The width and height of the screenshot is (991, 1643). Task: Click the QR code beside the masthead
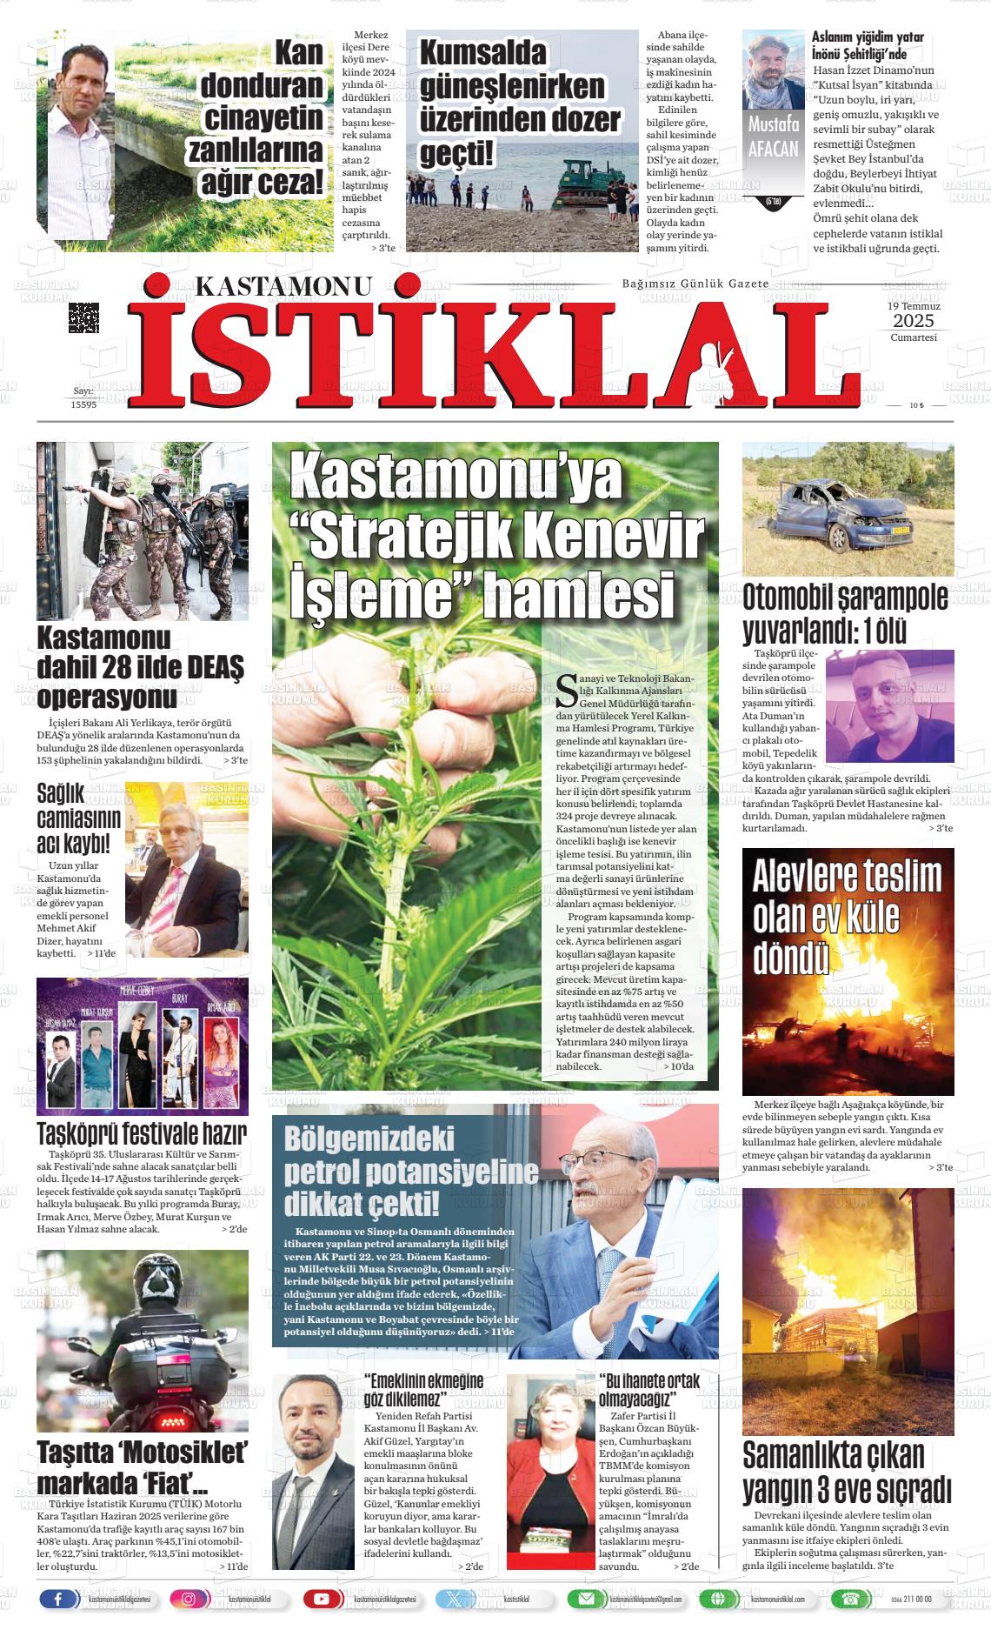(x=83, y=317)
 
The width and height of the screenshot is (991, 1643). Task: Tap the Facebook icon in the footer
(x=58, y=1599)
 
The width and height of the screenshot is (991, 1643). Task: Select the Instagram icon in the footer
(x=188, y=1599)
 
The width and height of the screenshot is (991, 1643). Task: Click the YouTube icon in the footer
(x=321, y=1599)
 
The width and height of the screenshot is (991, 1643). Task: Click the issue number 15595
(x=83, y=404)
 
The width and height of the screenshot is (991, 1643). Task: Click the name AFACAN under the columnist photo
(x=773, y=148)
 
